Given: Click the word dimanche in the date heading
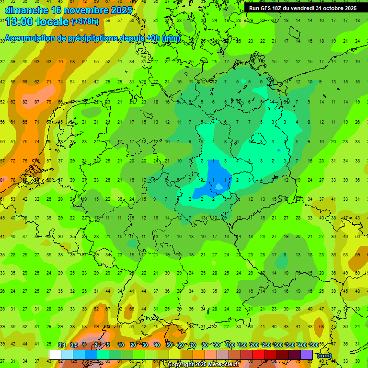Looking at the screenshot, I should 26,10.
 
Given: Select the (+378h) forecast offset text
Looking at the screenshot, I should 85,22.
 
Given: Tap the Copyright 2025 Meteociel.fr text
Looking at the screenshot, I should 203,365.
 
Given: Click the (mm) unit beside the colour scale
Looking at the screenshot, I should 324,355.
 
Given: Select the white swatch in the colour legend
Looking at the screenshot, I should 55,355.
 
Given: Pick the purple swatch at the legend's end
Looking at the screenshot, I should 307,355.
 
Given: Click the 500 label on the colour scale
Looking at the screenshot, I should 314,345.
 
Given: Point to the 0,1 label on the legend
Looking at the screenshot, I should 62,345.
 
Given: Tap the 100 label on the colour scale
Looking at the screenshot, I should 230,345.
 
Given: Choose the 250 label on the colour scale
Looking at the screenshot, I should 266,345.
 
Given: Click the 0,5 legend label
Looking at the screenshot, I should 74,345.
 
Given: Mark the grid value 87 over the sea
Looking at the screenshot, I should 37,102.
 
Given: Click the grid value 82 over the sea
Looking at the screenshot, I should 25,102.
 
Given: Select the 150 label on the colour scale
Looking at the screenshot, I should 242,345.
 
